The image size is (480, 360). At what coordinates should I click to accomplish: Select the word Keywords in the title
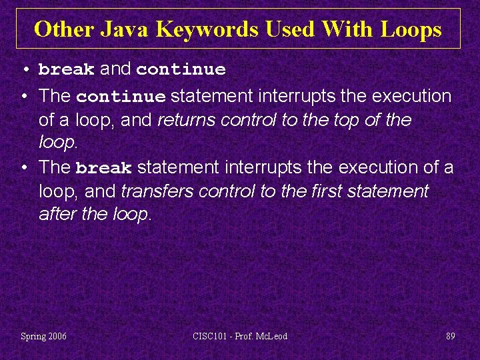[x=209, y=29]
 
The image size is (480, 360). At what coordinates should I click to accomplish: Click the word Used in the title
[x=291, y=29]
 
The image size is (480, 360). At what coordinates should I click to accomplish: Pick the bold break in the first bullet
[x=66, y=69]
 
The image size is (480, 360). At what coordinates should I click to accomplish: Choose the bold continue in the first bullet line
[x=181, y=69]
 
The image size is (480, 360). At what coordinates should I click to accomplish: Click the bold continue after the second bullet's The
[x=121, y=97]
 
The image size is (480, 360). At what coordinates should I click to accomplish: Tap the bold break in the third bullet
[x=104, y=168]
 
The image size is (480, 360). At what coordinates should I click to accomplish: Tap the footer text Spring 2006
[x=43, y=336]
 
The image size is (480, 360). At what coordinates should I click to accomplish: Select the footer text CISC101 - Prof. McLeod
[x=240, y=336]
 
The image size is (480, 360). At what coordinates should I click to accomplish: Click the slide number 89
[x=451, y=336]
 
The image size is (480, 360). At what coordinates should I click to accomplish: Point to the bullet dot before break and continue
[x=24, y=69]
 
